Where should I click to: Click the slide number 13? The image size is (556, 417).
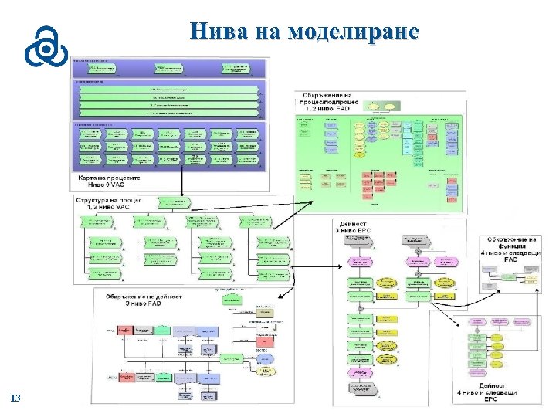(15, 398)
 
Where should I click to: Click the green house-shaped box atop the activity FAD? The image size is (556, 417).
(230, 298)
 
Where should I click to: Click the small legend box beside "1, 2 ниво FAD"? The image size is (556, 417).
(379, 103)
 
